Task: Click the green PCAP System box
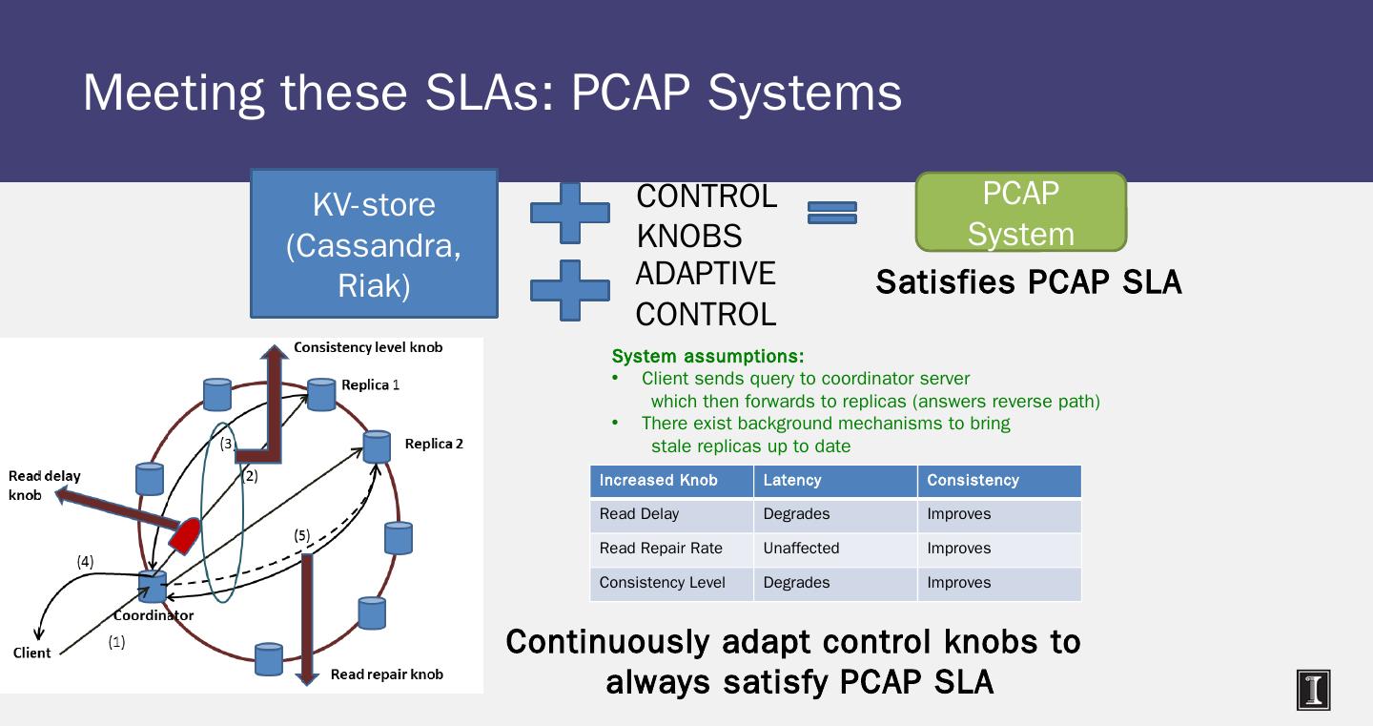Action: tap(1020, 212)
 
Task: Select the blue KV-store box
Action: tap(374, 243)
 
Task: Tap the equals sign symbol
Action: tap(831, 213)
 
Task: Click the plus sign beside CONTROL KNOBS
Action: tap(570, 213)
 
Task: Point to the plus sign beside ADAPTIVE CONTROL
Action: tap(570, 290)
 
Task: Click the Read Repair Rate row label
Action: tap(661, 549)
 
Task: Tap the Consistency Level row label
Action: tap(662, 583)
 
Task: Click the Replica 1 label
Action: tap(370, 384)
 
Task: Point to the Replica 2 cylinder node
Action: tap(377, 447)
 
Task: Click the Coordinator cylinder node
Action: tap(152, 587)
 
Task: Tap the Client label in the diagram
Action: tap(31, 653)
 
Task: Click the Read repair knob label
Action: tap(387, 674)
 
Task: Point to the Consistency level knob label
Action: tap(368, 347)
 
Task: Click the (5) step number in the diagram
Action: tap(301, 535)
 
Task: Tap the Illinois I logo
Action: tap(1313, 690)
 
